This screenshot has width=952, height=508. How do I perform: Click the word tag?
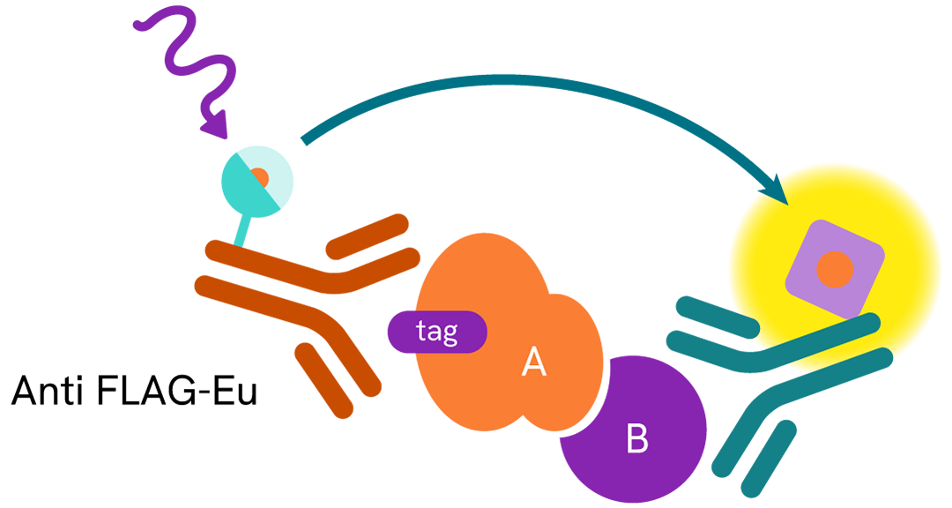437,332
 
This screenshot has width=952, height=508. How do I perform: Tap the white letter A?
534,362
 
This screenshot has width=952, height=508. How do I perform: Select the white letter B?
636,438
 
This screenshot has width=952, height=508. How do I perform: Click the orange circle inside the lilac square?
834,269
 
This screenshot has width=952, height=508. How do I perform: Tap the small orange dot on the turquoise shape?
259,177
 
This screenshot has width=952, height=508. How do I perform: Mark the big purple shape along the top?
529,44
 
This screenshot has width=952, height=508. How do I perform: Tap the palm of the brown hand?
353,282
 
